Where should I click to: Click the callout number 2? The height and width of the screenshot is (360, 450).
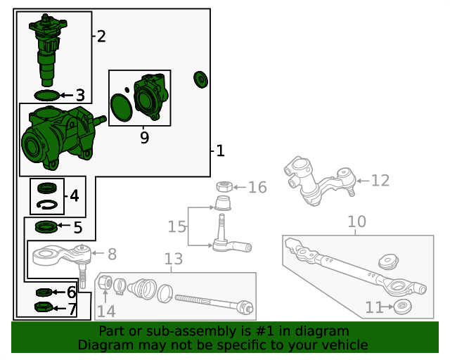coord(101,37)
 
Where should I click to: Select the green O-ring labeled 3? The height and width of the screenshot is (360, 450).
coord(47,94)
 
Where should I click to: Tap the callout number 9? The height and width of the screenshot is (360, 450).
coord(144,138)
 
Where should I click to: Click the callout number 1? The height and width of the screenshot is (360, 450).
coord(220,150)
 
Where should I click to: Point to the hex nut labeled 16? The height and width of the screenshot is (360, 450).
coord(224,187)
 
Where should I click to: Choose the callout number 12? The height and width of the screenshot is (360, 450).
coord(380,181)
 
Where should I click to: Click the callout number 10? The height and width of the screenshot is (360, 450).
coord(356,222)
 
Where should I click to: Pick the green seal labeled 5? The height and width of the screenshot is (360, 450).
coord(46,227)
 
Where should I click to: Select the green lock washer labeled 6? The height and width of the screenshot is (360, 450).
coord(44,292)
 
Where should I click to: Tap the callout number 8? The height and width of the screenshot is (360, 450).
coord(112,254)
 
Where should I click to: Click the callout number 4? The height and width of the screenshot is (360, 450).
coord(75,196)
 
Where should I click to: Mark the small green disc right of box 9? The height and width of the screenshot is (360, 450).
coord(200,79)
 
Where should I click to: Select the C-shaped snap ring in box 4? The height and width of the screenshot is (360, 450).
coord(47,205)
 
